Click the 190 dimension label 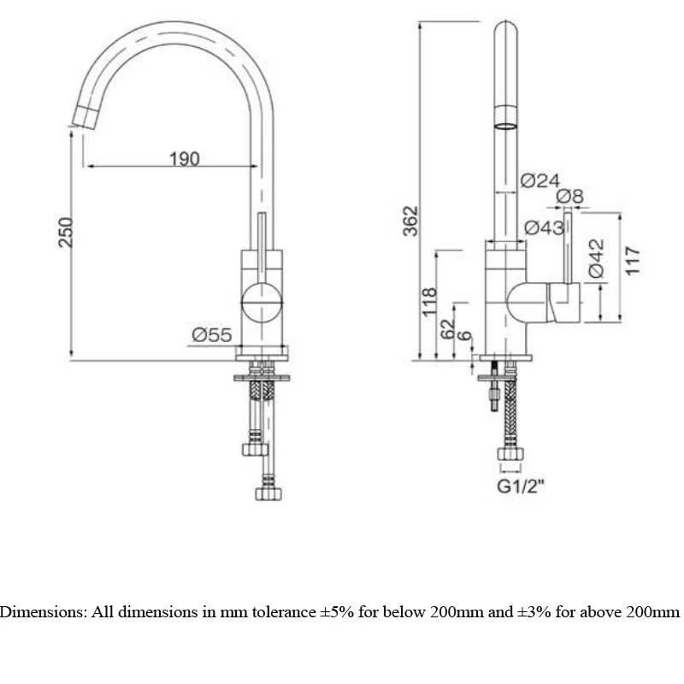pyautogui.click(x=184, y=157)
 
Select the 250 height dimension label pyautogui.click(x=66, y=232)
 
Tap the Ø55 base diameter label pyautogui.click(x=211, y=336)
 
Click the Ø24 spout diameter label pyautogui.click(x=540, y=180)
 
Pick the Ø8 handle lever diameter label pyautogui.click(x=570, y=198)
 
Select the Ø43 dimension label pyautogui.click(x=544, y=227)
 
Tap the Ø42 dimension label pyautogui.click(x=596, y=257)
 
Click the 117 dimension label pyautogui.click(x=633, y=262)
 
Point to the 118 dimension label pyautogui.click(x=430, y=300)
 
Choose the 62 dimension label pyautogui.click(x=447, y=328)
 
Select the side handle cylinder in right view pyautogui.click(x=564, y=304)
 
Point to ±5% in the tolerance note pyautogui.click(x=343, y=612)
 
